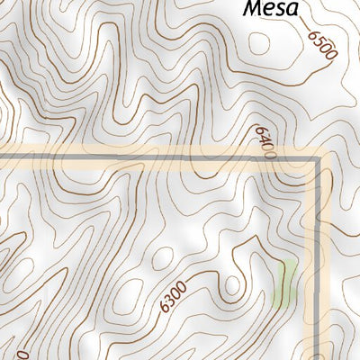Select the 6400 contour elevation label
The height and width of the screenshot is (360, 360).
tap(265, 142)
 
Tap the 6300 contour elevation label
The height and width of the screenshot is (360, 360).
tap(171, 296)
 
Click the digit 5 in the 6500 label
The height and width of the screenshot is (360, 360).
tap(319, 41)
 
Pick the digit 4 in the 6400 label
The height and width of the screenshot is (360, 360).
tap(264, 139)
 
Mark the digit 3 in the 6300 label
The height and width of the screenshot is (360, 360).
tap(167, 300)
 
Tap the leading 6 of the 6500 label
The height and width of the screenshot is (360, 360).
tap(314, 34)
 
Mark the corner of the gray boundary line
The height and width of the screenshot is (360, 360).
tap(317, 159)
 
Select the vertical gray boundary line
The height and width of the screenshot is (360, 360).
tap(318, 252)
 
